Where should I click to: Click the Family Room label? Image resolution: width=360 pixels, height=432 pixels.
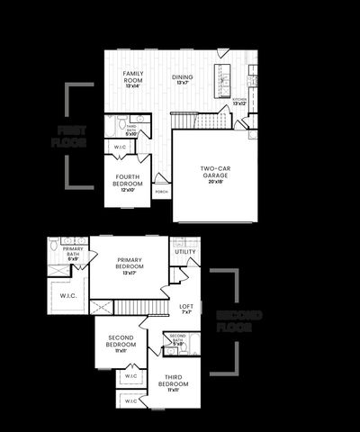(132, 77)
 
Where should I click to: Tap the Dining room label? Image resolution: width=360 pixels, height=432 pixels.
(183, 78)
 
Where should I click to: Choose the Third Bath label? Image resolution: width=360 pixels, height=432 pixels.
(131, 130)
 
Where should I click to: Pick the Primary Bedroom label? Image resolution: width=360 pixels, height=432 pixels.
(130, 265)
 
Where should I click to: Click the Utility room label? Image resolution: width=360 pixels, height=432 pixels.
(185, 252)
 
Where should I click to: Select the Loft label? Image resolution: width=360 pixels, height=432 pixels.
(186, 307)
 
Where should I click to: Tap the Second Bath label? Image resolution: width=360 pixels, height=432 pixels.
(178, 339)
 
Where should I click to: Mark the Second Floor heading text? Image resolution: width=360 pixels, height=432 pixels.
(238, 322)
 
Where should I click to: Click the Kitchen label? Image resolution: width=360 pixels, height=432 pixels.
(238, 100)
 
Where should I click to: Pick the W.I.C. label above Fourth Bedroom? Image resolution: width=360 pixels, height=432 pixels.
(120, 146)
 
